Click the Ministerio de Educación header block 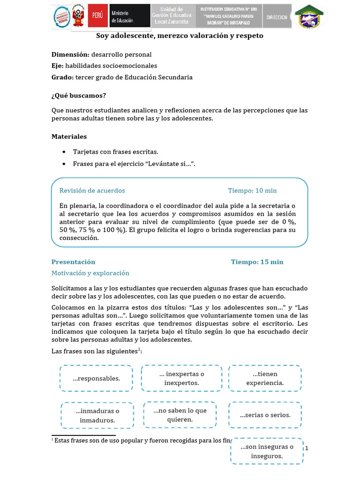129,16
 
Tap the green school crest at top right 308,16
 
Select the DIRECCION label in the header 277,17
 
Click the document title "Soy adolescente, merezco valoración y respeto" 180,36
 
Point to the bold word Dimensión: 70,54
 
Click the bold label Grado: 62,77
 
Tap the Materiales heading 69,136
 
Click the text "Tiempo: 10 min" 252,190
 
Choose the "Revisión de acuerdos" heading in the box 92,190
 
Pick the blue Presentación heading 73,262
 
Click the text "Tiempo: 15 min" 257,262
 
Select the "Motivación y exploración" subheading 90,273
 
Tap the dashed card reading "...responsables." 96,378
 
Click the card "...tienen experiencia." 264,378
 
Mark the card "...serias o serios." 265,415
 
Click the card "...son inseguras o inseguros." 267,451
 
